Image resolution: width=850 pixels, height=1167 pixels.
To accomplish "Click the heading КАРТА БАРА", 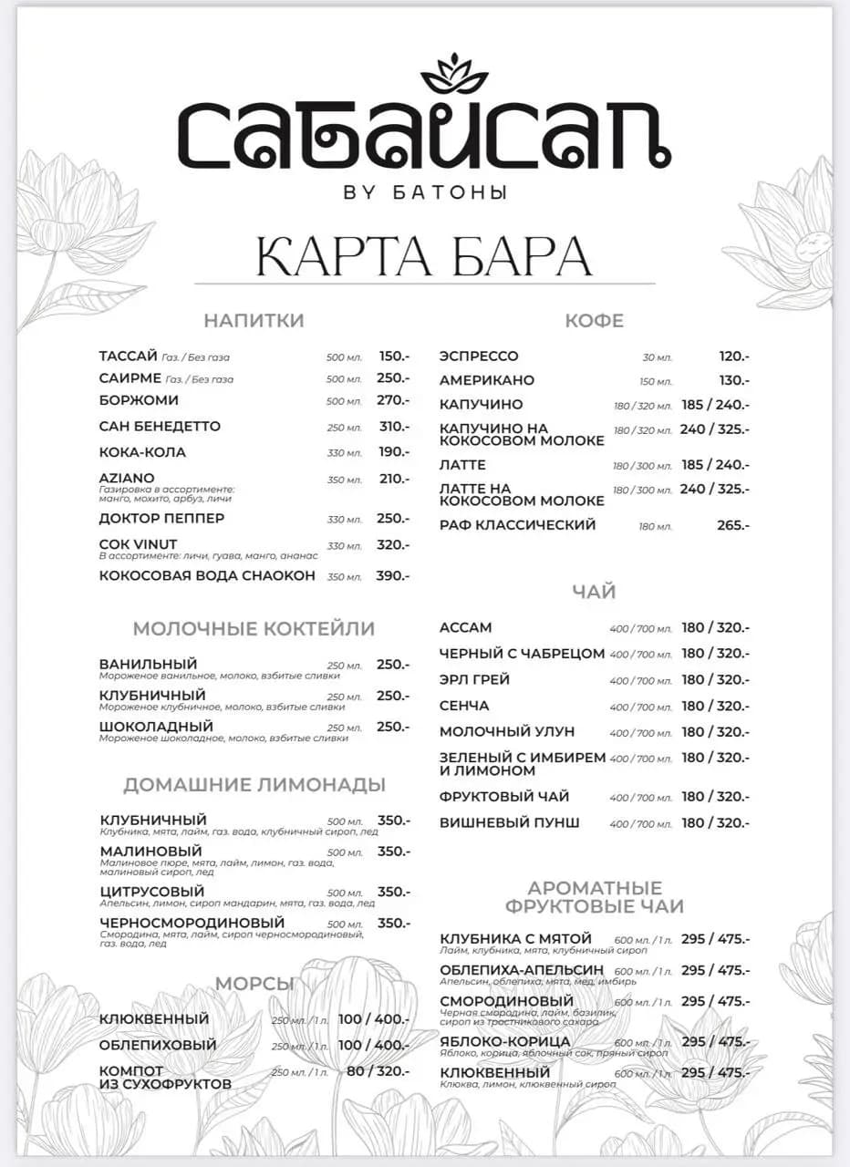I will (x=424, y=255).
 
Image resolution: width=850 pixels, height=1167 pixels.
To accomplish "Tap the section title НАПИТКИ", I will (x=254, y=321).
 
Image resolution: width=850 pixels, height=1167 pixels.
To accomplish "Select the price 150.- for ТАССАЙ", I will (x=394, y=356).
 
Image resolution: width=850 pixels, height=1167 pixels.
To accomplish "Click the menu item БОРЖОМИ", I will (x=139, y=400).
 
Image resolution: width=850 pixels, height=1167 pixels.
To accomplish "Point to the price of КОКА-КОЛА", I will (x=394, y=452).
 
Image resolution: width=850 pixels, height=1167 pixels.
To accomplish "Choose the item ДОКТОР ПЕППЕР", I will (x=161, y=519).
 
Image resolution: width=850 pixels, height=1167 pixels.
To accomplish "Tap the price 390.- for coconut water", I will (x=394, y=575).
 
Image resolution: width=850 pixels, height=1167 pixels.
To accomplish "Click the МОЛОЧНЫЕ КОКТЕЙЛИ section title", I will (x=254, y=629).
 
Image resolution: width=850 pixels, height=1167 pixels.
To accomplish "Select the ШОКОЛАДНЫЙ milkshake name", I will (x=156, y=727).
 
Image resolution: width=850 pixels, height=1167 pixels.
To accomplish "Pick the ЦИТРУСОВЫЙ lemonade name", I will (x=152, y=892).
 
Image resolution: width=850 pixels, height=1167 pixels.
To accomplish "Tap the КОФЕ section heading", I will (x=594, y=321).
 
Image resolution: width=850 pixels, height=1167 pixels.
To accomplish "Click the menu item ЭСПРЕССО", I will (x=479, y=356).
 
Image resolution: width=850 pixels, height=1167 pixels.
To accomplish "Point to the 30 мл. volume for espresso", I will (x=657, y=357).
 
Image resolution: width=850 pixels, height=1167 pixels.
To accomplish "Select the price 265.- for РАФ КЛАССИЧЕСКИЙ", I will (x=733, y=525).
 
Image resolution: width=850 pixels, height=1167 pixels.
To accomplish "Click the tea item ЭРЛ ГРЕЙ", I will (x=474, y=680).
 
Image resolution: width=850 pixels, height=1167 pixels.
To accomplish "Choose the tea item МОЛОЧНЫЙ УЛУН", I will (x=507, y=732).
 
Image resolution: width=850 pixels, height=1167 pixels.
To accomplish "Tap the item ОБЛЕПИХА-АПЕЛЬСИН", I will (x=522, y=970).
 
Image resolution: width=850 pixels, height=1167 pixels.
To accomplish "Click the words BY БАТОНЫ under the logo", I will (x=425, y=192).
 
